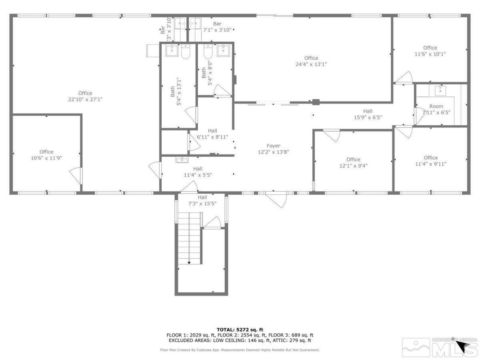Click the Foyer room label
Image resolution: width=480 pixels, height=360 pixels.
(x=273, y=149)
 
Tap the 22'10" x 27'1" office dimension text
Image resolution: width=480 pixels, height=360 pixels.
(x=85, y=99)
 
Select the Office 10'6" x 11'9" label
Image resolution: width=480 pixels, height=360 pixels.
(x=46, y=155)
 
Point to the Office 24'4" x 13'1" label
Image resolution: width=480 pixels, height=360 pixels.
(x=311, y=61)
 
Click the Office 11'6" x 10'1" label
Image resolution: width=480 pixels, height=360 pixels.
(x=430, y=51)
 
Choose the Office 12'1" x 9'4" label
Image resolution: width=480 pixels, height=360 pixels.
(x=353, y=162)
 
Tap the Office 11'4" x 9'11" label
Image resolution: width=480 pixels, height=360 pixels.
(x=430, y=160)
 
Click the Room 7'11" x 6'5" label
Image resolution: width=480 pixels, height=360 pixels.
(x=436, y=109)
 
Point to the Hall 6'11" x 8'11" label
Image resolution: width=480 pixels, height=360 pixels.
(x=213, y=134)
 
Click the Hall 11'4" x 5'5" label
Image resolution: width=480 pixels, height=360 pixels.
(x=198, y=172)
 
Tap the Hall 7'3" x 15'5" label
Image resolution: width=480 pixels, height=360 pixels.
(x=202, y=200)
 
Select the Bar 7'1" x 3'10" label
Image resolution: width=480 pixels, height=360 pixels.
(x=217, y=27)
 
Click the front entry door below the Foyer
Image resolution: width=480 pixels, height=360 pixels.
(x=276, y=199)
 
